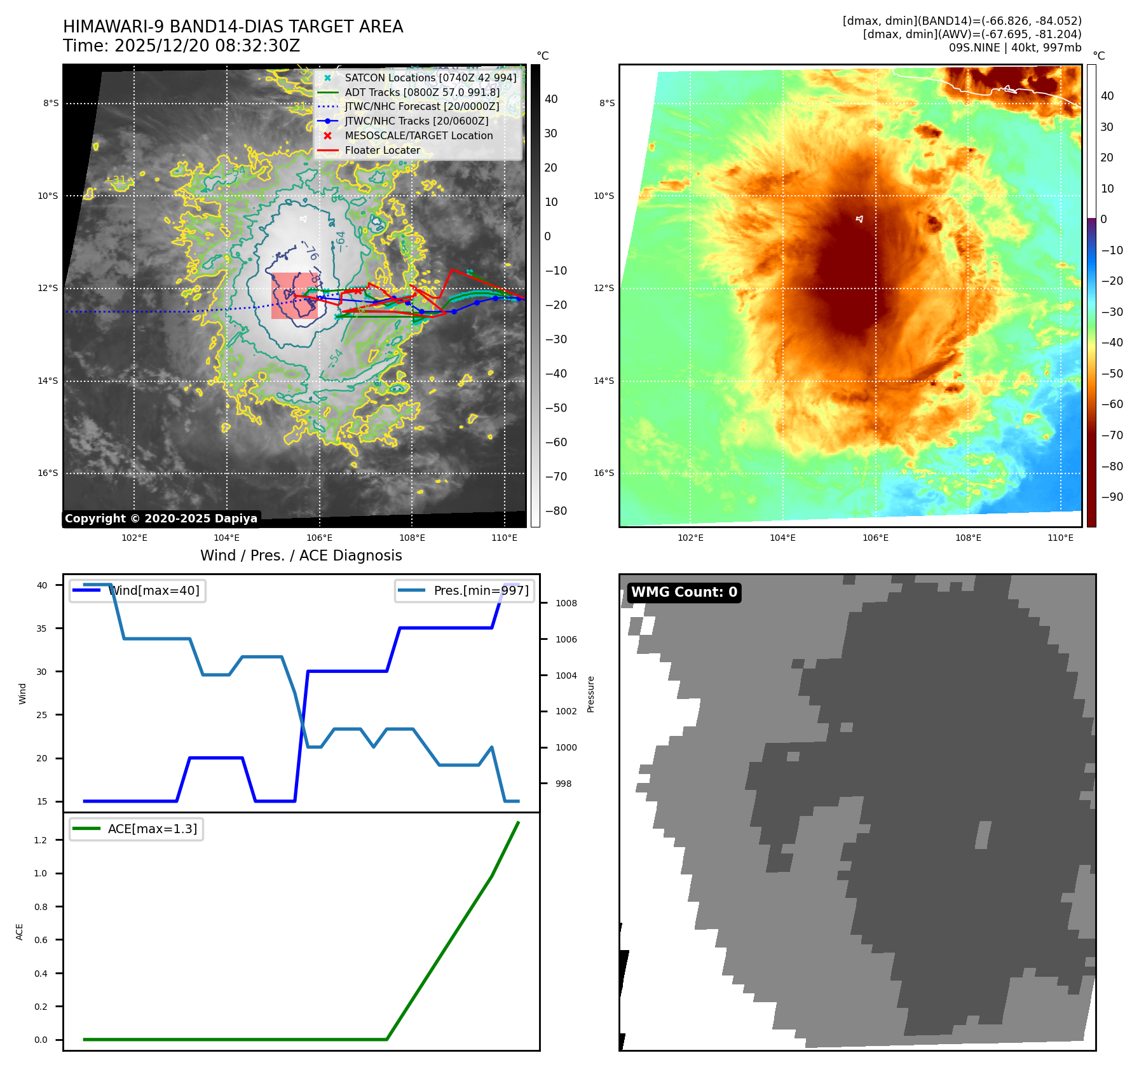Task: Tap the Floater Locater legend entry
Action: click(x=382, y=151)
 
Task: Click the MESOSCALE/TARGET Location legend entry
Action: click(x=418, y=136)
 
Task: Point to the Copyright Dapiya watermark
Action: click(x=161, y=519)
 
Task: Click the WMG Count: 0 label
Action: click(x=684, y=592)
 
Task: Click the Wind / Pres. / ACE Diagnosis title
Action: click(x=301, y=556)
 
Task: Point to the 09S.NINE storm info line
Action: click(x=1014, y=48)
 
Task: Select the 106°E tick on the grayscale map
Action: click(x=319, y=538)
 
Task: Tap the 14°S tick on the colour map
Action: click(x=604, y=381)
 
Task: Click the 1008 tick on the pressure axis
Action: click(x=566, y=604)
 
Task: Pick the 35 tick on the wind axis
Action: click(x=42, y=629)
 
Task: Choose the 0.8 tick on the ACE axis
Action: click(x=41, y=907)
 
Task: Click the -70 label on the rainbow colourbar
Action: click(x=1112, y=435)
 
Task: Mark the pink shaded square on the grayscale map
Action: click(x=294, y=296)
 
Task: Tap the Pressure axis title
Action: click(x=591, y=694)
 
